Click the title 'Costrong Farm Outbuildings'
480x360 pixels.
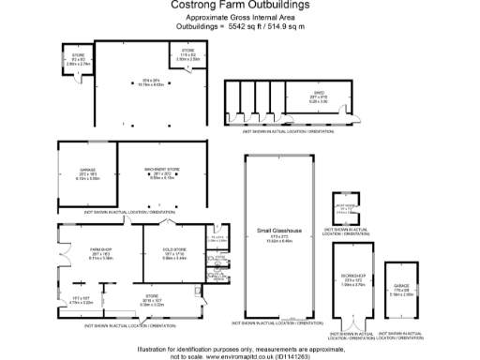(x=241, y=6)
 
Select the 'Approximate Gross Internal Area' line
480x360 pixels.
(x=240, y=19)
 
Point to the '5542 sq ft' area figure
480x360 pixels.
(x=222, y=28)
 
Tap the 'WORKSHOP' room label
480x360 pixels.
(x=352, y=277)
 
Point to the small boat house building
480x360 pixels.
(x=347, y=210)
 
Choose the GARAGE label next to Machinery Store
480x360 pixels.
(x=87, y=170)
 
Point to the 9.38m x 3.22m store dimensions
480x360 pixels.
(x=152, y=304)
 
